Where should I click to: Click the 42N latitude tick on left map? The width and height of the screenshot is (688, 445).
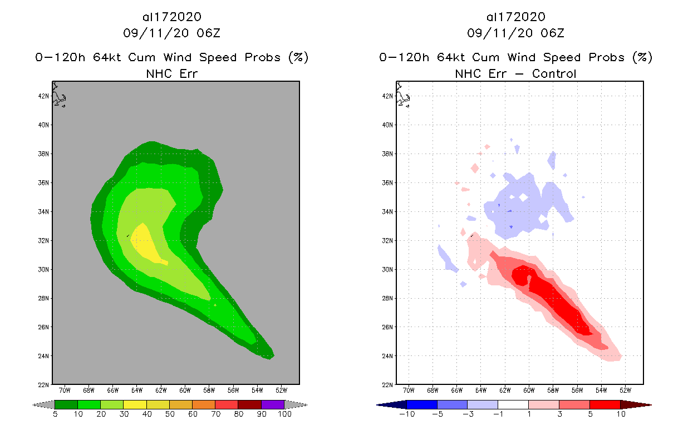(x=45, y=96)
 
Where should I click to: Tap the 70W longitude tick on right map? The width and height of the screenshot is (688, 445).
(x=409, y=390)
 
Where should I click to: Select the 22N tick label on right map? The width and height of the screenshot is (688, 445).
(x=388, y=385)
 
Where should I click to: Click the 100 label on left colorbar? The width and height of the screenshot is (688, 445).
(x=284, y=414)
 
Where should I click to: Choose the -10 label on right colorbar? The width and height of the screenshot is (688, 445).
(x=407, y=414)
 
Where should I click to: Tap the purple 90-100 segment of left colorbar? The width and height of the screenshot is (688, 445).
(x=273, y=404)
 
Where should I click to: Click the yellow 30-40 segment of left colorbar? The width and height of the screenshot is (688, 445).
(x=135, y=404)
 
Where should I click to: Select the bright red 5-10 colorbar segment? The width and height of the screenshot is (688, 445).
(x=605, y=404)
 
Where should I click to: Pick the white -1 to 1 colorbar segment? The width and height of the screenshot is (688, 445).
(x=513, y=404)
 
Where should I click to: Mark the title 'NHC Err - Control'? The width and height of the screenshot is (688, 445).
(x=515, y=73)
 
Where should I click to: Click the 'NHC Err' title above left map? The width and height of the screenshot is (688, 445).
(x=171, y=73)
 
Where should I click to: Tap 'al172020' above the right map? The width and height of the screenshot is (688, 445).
(x=515, y=17)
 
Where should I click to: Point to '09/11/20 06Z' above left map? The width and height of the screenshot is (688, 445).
(x=171, y=33)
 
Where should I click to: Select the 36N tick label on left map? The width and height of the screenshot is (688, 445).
(x=45, y=182)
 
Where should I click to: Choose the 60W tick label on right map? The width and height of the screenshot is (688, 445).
(x=529, y=390)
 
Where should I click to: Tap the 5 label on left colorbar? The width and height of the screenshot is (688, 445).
(x=55, y=414)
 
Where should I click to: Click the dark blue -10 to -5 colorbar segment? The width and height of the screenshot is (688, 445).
(x=422, y=404)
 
